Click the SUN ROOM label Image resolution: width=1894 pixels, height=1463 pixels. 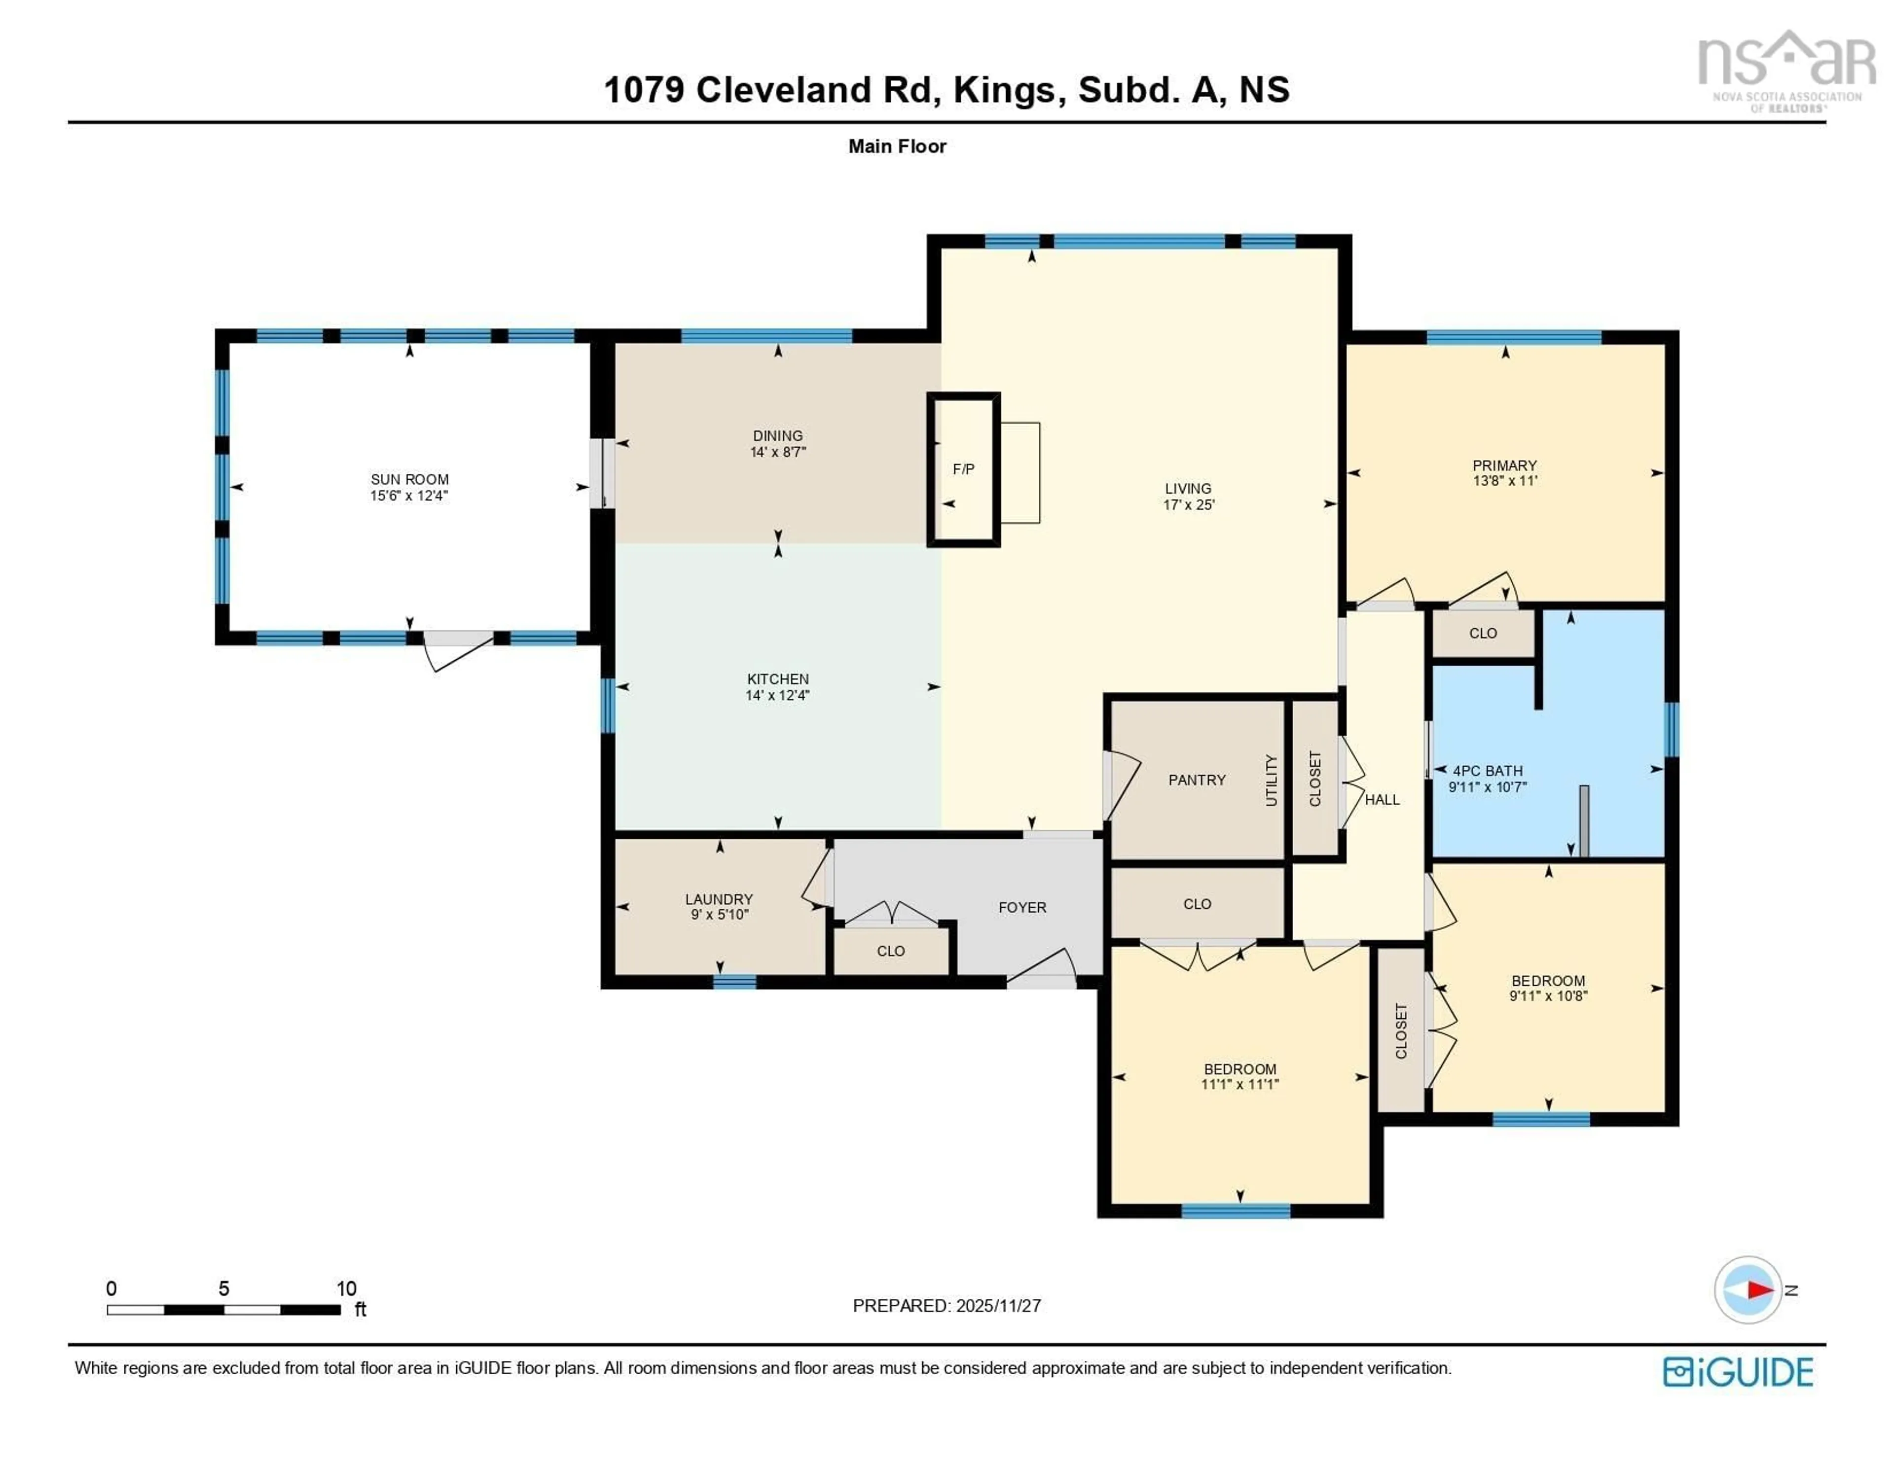coord(409,479)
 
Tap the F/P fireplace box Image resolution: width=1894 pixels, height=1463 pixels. coord(963,469)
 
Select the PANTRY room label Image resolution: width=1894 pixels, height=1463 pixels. coord(1197,780)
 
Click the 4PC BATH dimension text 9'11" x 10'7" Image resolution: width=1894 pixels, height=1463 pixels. coord(1487,787)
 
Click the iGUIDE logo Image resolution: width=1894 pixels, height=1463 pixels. coord(1738,1372)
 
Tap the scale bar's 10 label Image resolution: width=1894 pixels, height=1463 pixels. coord(346,1288)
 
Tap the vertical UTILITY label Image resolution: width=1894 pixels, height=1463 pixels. coord(1272,780)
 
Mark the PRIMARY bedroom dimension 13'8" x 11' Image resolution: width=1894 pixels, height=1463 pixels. coord(1505,480)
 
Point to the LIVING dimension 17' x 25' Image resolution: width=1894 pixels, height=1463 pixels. coord(1188,505)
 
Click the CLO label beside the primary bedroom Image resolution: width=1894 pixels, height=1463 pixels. coord(1483,633)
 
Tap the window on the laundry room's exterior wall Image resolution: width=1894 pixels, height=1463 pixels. coord(734,982)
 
